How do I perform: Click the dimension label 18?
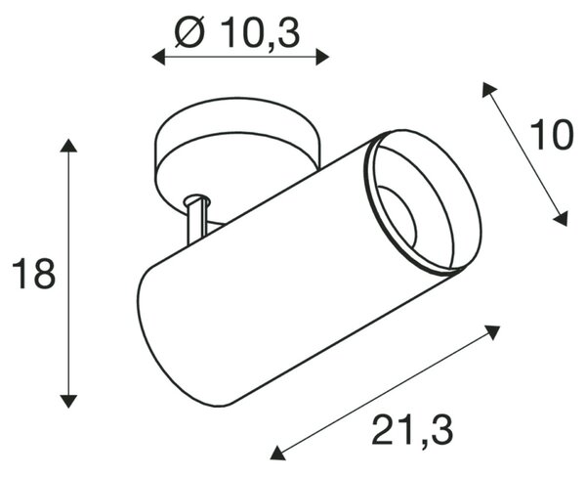click(33, 274)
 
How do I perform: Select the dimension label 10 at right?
click(551, 135)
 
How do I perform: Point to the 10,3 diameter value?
click(260, 33)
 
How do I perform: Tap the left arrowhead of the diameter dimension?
click(158, 58)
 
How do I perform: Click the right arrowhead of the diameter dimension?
click(322, 58)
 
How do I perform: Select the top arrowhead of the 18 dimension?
click(68, 145)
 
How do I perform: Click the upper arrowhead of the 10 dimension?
click(488, 89)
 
